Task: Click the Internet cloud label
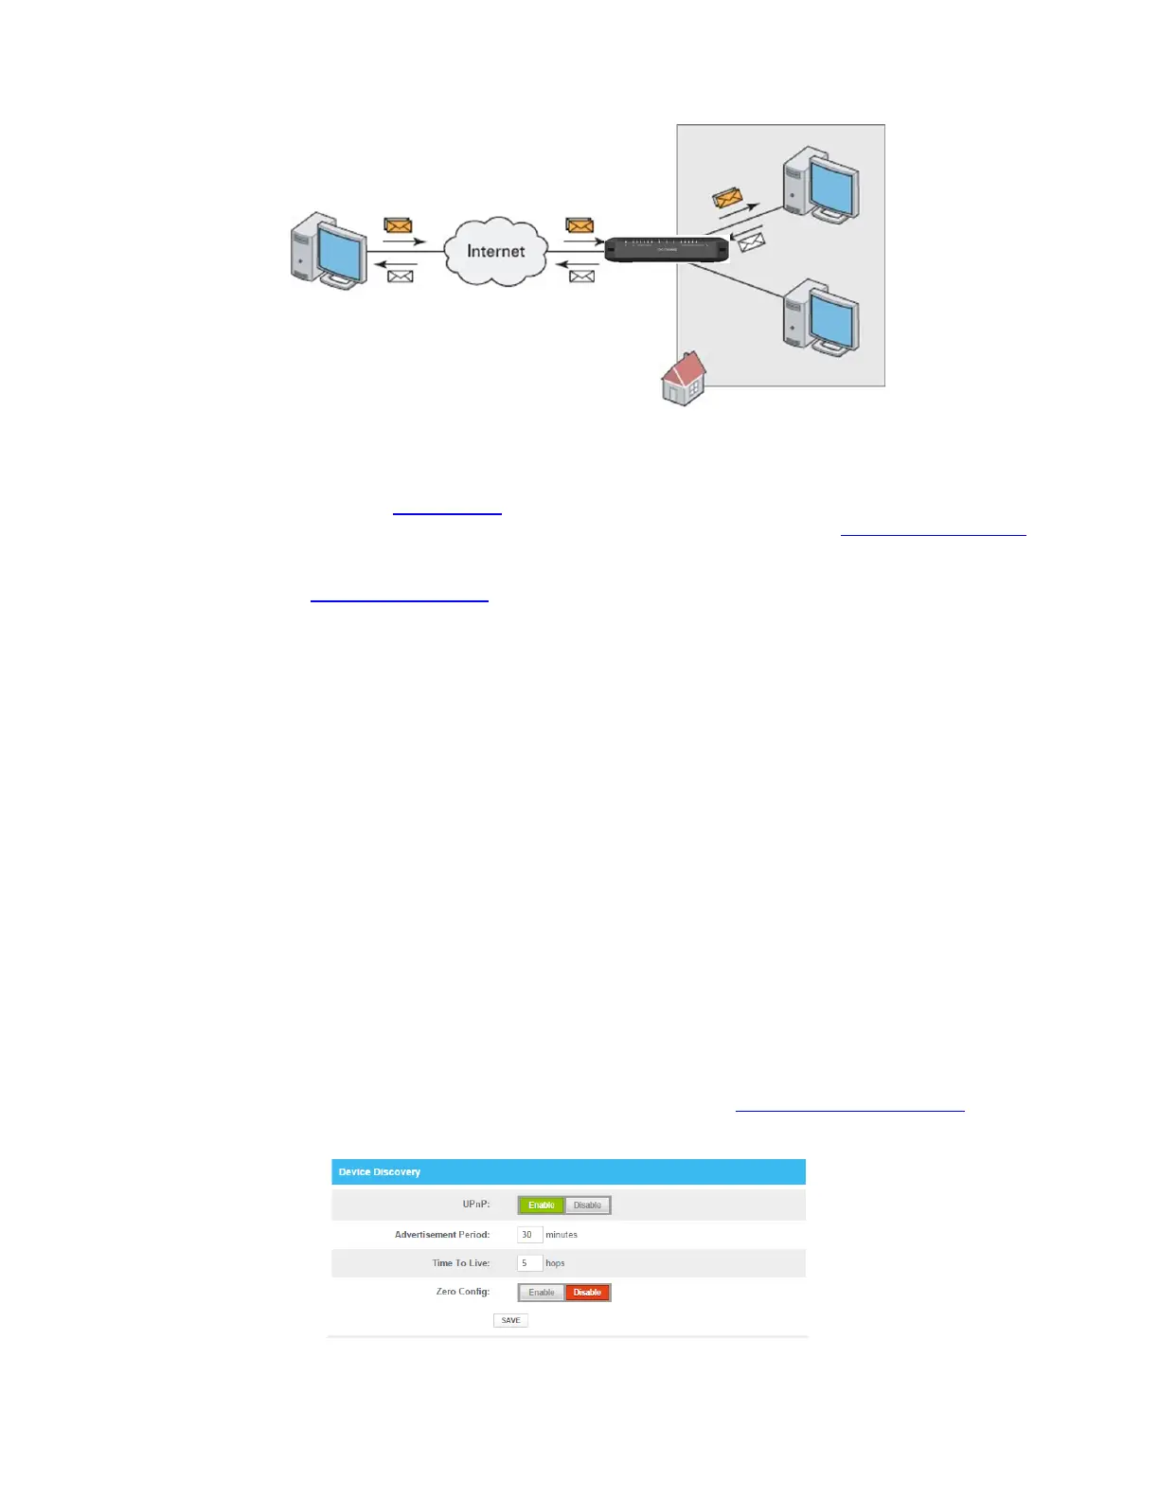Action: (495, 251)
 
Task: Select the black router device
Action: (667, 249)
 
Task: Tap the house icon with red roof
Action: (684, 379)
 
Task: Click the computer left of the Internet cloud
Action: (329, 250)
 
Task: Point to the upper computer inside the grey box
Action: (820, 185)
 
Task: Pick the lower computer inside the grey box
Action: (820, 317)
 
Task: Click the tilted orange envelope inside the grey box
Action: (727, 198)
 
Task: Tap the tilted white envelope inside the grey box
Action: (751, 243)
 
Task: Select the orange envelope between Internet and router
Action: (579, 225)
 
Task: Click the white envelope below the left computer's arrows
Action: (401, 277)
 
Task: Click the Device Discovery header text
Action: (380, 1172)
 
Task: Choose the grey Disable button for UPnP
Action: (587, 1205)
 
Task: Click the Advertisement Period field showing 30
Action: (529, 1235)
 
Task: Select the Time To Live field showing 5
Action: (529, 1263)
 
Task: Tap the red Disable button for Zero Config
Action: (587, 1293)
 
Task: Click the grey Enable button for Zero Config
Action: (542, 1293)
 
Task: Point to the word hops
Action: (555, 1263)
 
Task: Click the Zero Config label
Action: (463, 1292)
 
